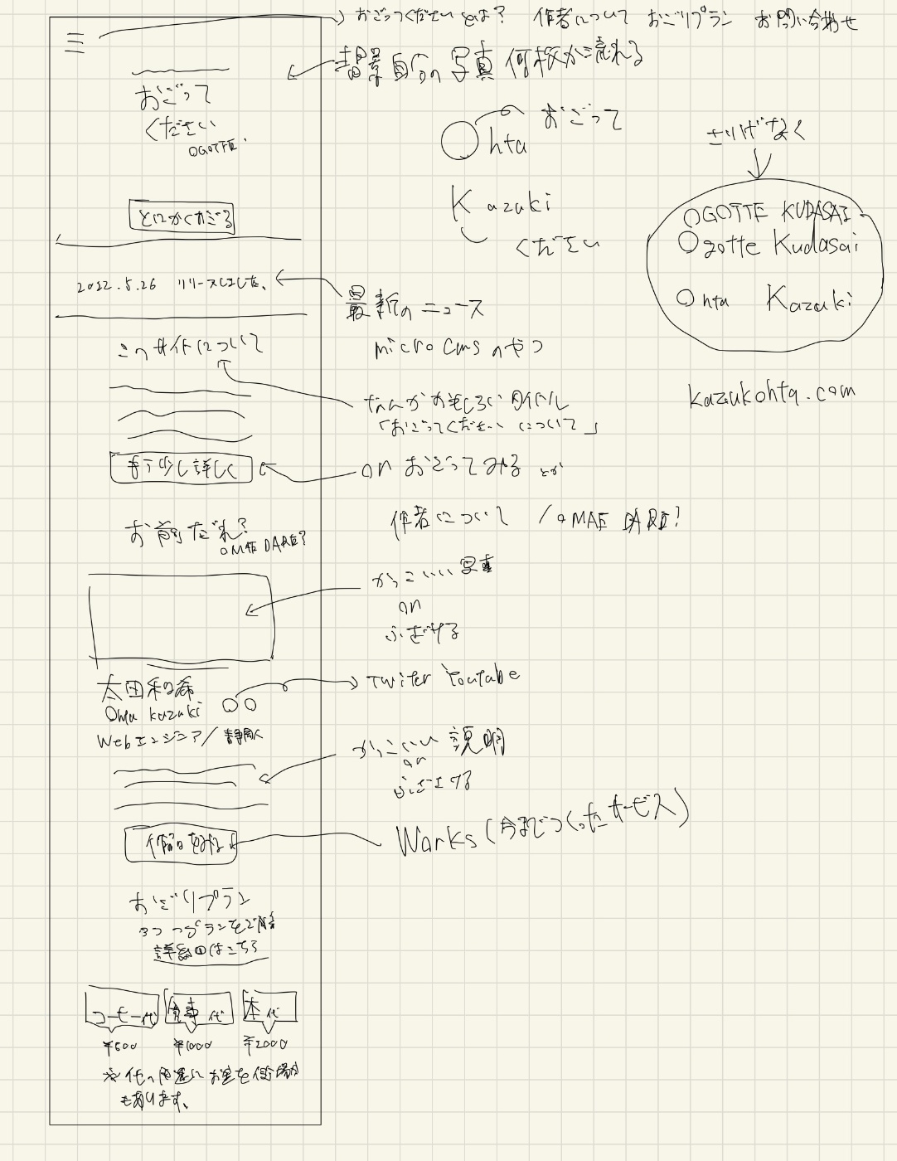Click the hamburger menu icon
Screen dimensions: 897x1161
coord(75,41)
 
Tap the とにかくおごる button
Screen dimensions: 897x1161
coord(182,218)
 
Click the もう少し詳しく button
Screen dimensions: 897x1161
coord(181,468)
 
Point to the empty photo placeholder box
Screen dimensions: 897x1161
coord(181,616)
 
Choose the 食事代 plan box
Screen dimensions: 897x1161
coord(198,1008)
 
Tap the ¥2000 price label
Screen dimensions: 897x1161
coord(265,1044)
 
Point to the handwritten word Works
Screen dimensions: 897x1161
coord(437,839)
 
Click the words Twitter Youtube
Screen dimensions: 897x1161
coord(444,678)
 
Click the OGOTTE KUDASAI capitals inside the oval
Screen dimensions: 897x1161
coord(766,216)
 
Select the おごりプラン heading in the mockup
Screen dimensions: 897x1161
coord(189,901)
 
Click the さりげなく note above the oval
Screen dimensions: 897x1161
coord(755,134)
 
